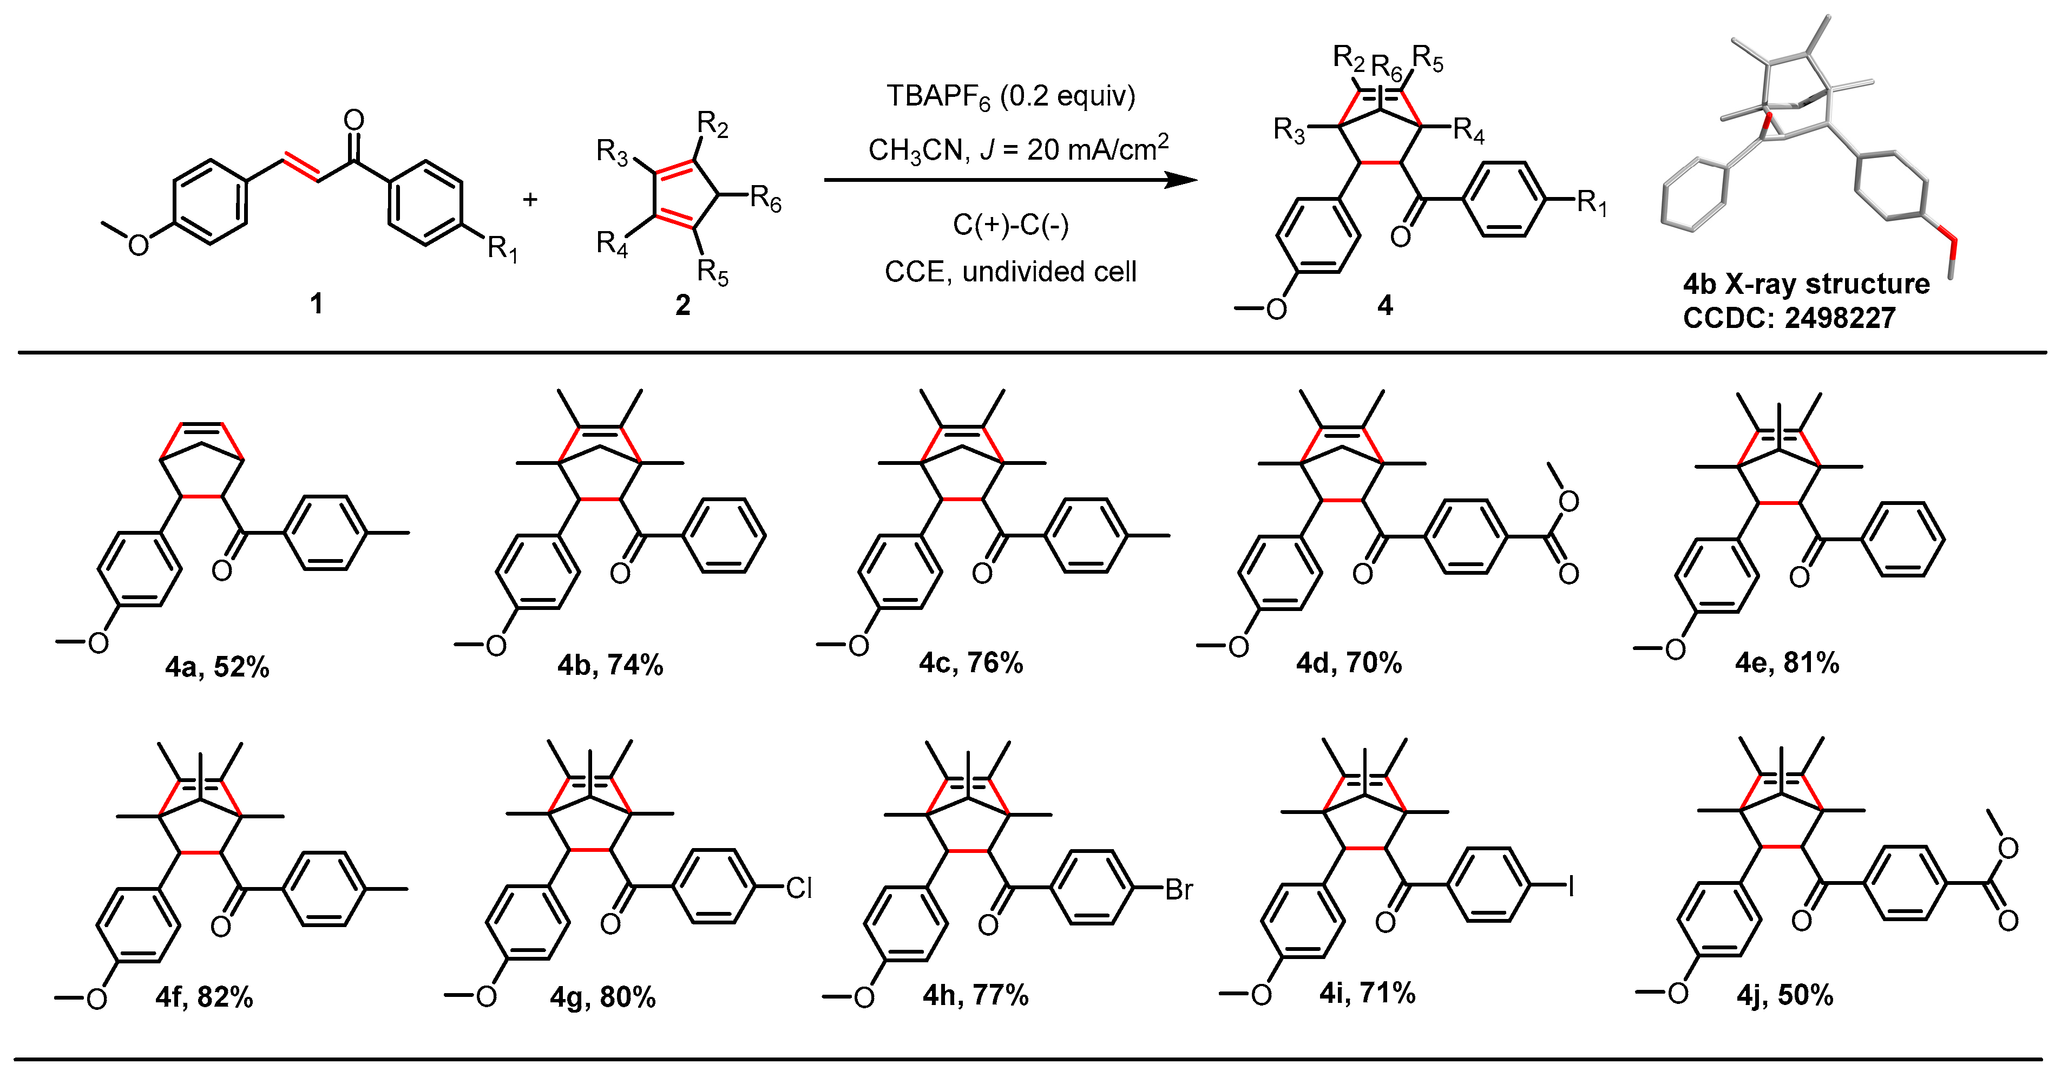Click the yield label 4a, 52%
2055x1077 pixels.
point(217,666)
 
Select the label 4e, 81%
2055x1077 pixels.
point(1787,662)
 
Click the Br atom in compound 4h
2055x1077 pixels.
point(1178,889)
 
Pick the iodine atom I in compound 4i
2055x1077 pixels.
point(1571,885)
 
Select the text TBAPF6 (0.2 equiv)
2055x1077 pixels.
point(1011,96)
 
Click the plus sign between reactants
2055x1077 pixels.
point(530,198)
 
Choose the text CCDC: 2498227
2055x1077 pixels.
point(1789,318)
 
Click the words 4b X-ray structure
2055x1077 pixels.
point(1806,284)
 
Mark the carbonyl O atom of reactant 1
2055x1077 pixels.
point(353,121)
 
